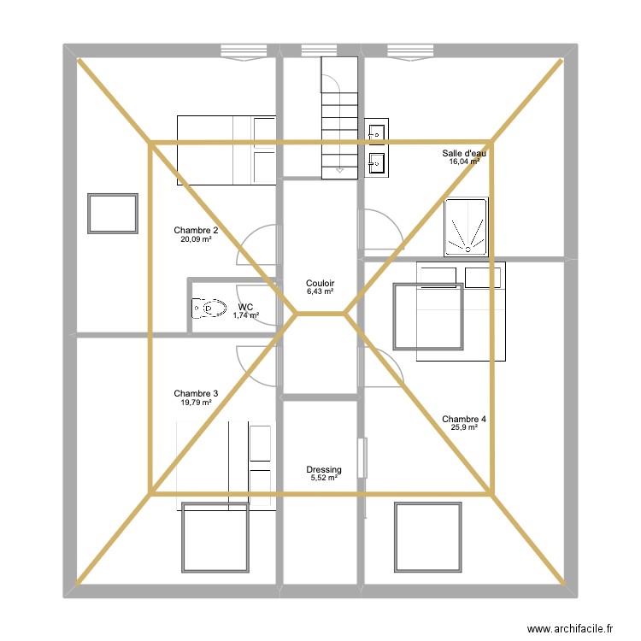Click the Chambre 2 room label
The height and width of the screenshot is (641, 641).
coord(196,230)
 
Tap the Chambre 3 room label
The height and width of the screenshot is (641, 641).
coord(196,393)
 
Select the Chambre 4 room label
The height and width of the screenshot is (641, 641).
coord(464,419)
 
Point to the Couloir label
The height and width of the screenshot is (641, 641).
coord(320,283)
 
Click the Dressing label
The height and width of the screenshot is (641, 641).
coord(324,469)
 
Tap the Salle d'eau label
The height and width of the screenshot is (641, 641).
coord(464,153)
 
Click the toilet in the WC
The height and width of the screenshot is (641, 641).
coord(208,308)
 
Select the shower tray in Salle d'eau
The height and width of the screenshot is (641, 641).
coord(466,226)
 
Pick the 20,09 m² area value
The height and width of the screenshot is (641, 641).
coord(196,239)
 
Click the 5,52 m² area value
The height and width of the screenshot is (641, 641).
coord(324,479)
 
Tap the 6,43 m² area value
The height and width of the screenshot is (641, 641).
coord(320,291)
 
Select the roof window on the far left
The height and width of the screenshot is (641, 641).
coord(112,214)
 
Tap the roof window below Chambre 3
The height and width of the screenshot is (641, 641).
coord(214,537)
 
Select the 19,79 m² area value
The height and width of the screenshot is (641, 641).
coord(196,402)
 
